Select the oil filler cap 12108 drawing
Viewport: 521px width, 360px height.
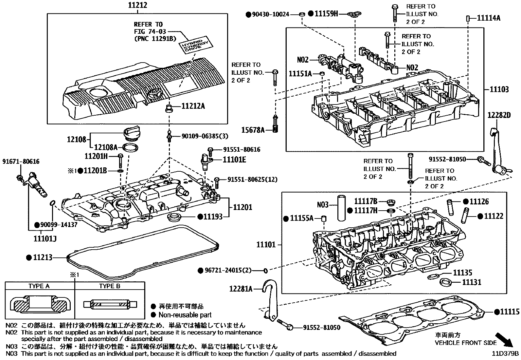point(132,135)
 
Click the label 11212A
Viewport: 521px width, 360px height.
point(193,106)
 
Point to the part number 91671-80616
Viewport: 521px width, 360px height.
point(21,161)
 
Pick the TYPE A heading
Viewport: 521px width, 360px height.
point(39,286)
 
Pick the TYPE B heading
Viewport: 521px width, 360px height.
point(110,286)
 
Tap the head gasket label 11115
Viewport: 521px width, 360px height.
point(509,312)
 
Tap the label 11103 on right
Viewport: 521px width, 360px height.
point(499,89)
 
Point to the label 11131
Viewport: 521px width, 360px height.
point(472,282)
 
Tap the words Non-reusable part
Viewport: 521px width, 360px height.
point(185,315)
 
